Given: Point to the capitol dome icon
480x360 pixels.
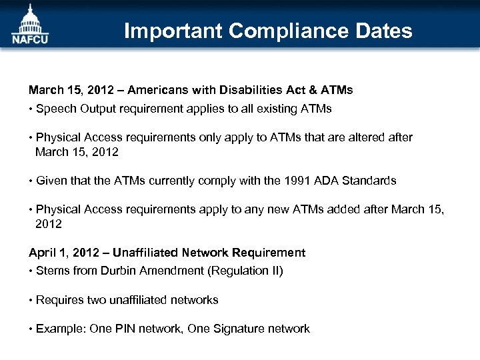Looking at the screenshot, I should pos(29,18).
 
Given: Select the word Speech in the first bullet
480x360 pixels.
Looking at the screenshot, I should pos(55,108).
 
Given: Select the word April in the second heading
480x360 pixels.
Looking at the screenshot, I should pos(41,253).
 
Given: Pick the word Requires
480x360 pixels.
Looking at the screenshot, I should pos(59,300).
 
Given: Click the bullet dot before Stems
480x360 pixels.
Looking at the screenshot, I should pos(31,271).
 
